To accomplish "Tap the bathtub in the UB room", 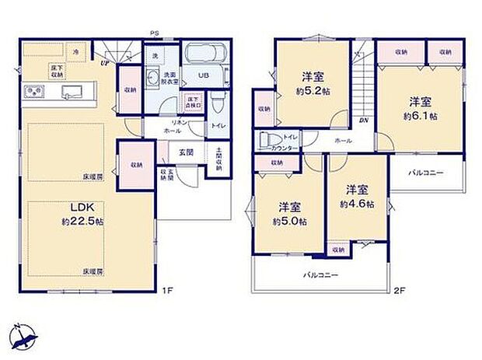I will click(205, 57).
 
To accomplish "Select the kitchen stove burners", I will click(34, 92).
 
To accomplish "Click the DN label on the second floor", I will click(363, 121).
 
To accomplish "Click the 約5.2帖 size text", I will click(313, 90).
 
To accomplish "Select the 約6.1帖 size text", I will click(419, 116).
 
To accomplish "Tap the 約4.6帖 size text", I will click(357, 204).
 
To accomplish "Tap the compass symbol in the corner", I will click(25, 336).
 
